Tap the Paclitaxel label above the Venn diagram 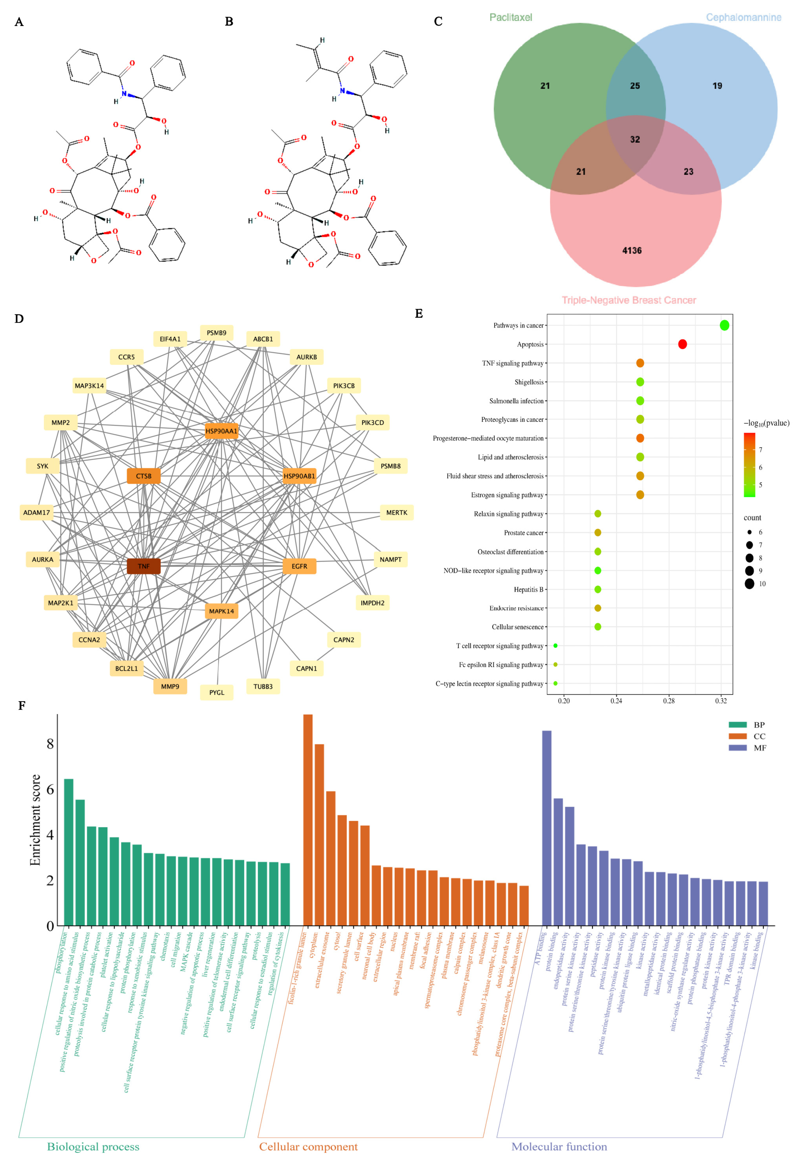pyautogui.click(x=511, y=18)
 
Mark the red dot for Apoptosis pyautogui.click(x=682, y=344)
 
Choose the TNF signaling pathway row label pyautogui.click(x=513, y=363)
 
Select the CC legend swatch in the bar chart pyautogui.click(x=737, y=736)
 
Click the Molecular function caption pyautogui.click(x=559, y=1147)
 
